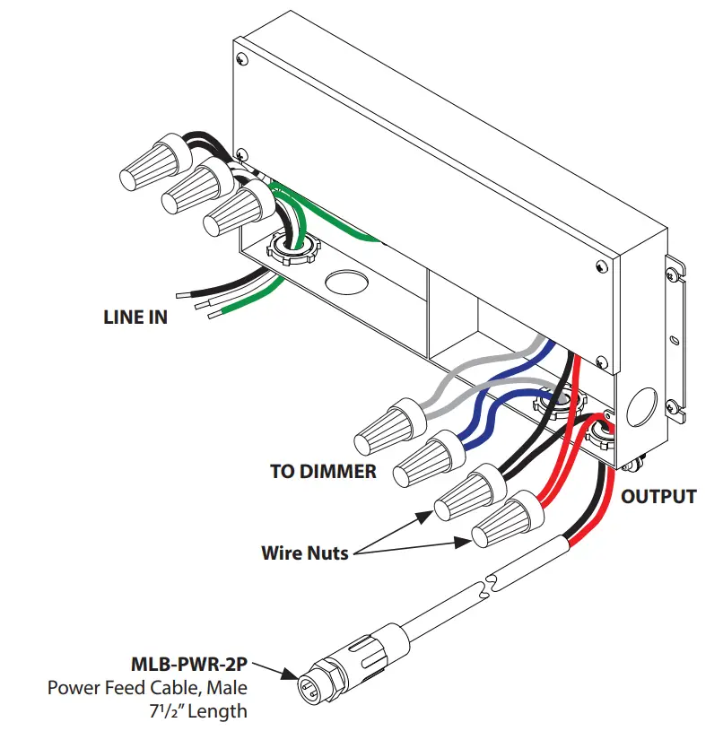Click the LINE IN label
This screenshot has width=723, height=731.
coord(135,317)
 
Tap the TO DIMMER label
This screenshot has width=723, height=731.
coord(323,470)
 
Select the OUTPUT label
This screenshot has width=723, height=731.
coord(659,496)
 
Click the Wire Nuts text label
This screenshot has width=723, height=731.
coord(304,553)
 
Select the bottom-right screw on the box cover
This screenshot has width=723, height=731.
coord(600,266)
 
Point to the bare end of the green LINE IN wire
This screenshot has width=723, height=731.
coord(213,314)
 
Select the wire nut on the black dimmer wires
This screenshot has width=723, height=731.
coord(466,492)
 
